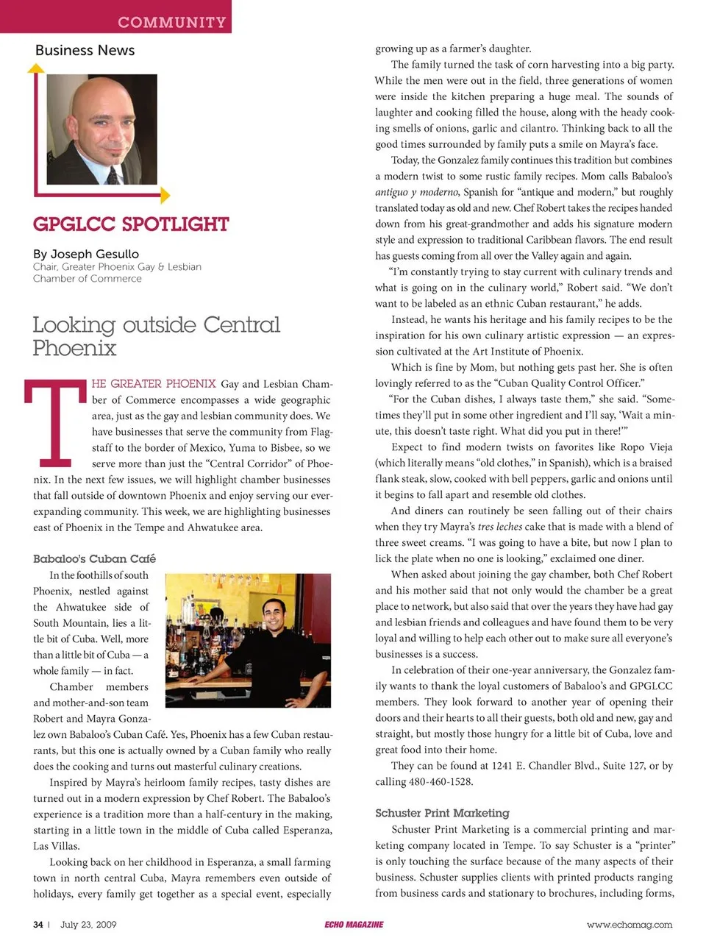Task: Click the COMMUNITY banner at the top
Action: coord(171,22)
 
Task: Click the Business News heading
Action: coord(85,51)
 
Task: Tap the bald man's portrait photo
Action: coord(101,129)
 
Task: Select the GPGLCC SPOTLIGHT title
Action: coord(131,224)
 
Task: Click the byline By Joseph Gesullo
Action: coord(85,254)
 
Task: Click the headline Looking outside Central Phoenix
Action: coord(156,335)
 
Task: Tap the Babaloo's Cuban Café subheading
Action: coord(94,558)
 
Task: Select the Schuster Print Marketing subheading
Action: coord(442,813)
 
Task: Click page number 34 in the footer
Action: coord(38,925)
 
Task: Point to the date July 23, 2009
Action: coord(88,925)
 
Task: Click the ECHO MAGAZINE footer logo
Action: coord(354,925)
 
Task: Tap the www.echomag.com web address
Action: coord(630,925)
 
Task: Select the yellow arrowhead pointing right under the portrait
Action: coord(165,195)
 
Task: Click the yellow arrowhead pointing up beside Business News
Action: coord(35,68)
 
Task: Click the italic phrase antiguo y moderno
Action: coord(417,192)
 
